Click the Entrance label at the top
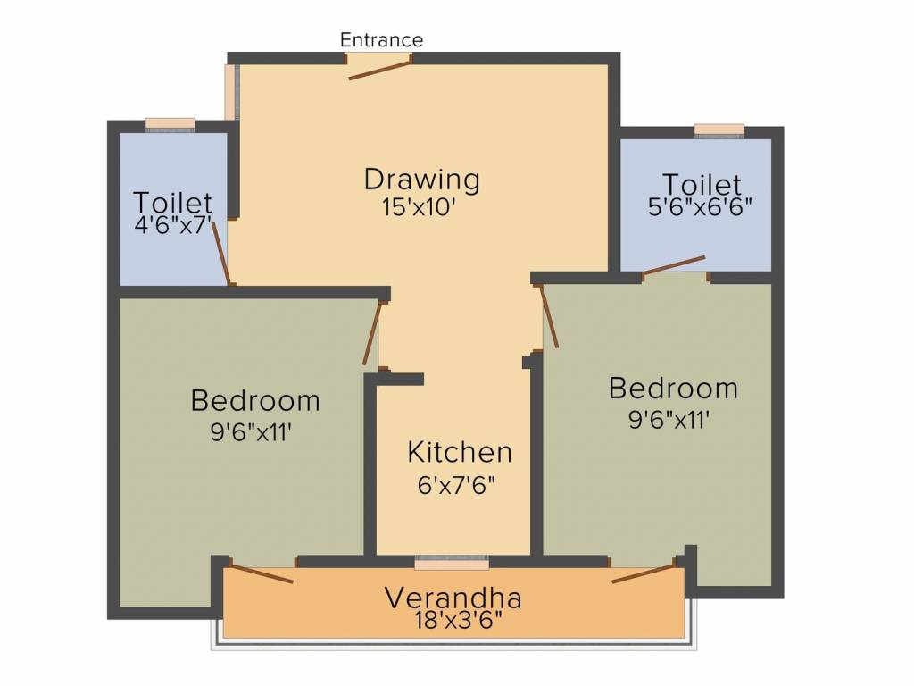click(381, 40)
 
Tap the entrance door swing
click(379, 70)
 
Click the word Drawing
click(421, 179)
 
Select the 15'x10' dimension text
click(420, 206)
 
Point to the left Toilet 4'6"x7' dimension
click(173, 225)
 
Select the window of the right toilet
click(719, 130)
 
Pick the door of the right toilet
click(674, 265)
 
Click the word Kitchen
click(460, 452)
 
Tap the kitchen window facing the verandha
click(452, 564)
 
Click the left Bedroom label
click(255, 400)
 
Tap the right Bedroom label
click(673, 389)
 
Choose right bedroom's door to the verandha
click(644, 573)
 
